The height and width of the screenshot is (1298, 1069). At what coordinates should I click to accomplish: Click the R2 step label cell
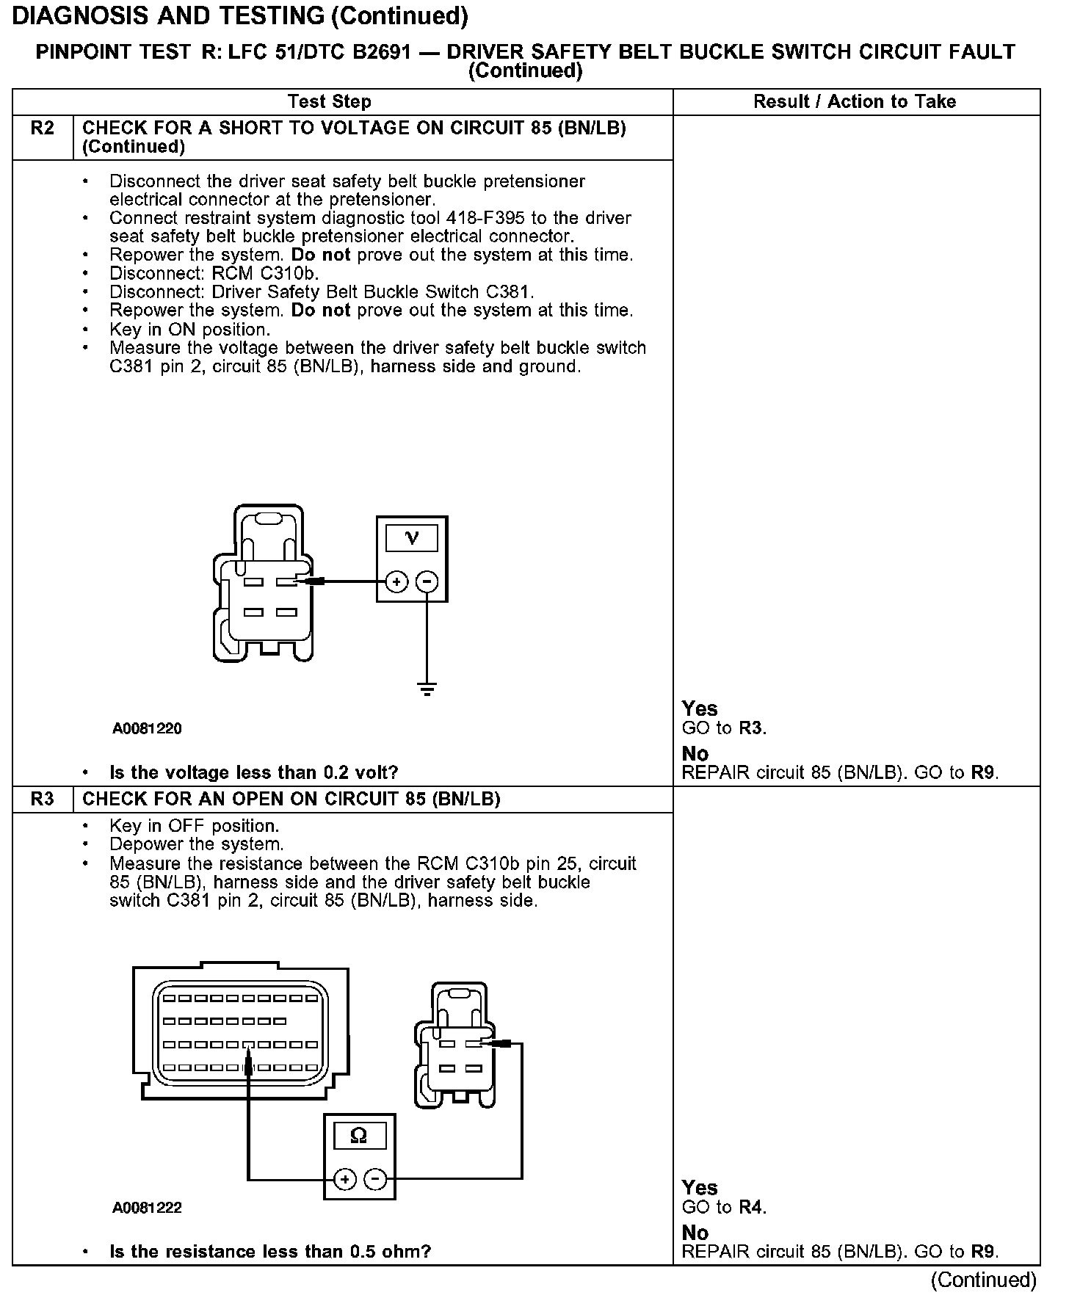[43, 129]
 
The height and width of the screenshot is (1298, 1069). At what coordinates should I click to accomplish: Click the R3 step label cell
[43, 800]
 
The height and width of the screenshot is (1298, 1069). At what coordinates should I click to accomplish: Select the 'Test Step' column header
[330, 102]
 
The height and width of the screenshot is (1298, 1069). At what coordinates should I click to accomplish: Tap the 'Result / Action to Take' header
[855, 102]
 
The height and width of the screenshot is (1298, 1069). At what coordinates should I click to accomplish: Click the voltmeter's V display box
[411, 538]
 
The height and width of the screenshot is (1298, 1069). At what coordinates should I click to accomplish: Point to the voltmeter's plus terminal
[396, 582]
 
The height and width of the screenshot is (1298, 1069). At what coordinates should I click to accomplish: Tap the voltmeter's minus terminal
[427, 582]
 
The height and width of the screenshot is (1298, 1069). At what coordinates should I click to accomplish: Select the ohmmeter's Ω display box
[358, 1136]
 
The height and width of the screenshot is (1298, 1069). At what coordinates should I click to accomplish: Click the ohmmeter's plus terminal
[344, 1180]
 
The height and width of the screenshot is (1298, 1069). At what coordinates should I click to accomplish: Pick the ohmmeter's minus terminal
[374, 1180]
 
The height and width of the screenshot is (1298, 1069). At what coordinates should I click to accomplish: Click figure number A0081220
[147, 729]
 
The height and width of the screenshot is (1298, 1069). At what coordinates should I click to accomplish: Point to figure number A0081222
[147, 1208]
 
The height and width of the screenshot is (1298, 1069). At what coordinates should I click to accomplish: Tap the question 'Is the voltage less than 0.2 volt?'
[253, 773]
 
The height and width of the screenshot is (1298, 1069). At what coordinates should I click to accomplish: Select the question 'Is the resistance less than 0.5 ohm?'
[269, 1252]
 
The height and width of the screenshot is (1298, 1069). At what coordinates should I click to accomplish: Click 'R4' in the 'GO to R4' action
[750, 1208]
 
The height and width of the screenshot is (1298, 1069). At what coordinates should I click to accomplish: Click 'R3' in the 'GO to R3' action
[750, 729]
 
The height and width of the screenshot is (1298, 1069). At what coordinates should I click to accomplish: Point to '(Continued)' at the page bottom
[983, 1280]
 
